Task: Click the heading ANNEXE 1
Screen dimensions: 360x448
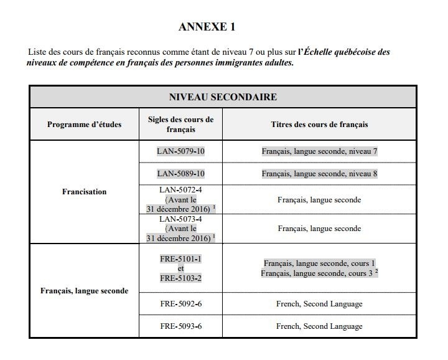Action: click(x=207, y=27)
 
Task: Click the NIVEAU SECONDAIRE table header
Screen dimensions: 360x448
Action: click(x=223, y=97)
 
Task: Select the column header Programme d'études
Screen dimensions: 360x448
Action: click(x=84, y=125)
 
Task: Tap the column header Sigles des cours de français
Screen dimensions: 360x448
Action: click(x=180, y=125)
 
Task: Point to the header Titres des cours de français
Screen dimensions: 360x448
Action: click(x=319, y=125)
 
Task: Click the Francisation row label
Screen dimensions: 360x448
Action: click(x=84, y=192)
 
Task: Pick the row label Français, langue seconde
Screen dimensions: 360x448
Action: click(x=84, y=291)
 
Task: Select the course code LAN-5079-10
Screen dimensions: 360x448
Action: click(x=180, y=152)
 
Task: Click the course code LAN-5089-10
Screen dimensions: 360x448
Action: click(x=180, y=174)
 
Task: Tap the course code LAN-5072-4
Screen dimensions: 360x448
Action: click(x=180, y=190)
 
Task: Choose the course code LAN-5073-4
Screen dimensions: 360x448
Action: click(x=180, y=219)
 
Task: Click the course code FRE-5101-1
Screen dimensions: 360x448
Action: click(x=180, y=258)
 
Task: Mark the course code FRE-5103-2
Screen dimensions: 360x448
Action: click(x=180, y=278)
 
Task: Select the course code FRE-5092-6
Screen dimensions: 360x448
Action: click(x=180, y=305)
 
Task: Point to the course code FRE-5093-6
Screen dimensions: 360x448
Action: click(x=180, y=326)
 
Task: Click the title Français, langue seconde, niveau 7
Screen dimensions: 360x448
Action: click(x=319, y=152)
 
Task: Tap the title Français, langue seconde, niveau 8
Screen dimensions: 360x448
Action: click(x=319, y=174)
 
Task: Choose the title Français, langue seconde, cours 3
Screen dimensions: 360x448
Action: click(x=317, y=273)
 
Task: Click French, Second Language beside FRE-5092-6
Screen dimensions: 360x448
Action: click(x=319, y=305)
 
